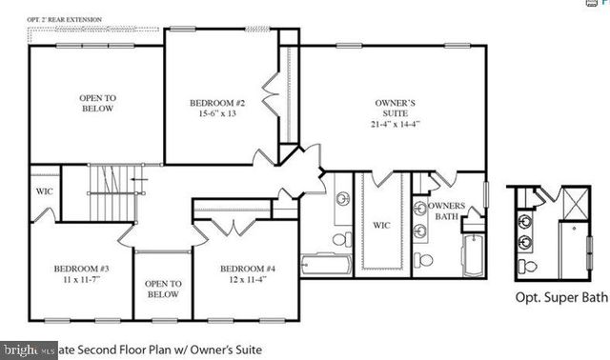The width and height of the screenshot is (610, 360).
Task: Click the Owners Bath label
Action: [x=446, y=211]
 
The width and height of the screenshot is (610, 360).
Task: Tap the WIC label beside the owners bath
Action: [x=381, y=226]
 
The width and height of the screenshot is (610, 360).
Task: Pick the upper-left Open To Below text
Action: [x=96, y=102]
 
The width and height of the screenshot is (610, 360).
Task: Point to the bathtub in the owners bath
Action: [x=473, y=255]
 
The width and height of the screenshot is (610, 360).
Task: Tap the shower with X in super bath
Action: [x=574, y=201]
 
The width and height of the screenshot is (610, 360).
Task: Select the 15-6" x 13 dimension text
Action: [x=218, y=114]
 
